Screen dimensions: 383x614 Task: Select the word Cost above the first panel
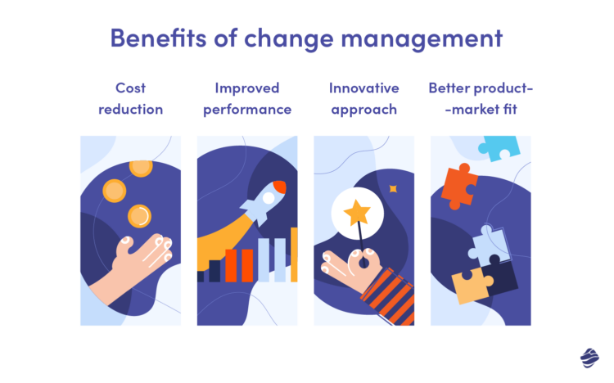click(131, 88)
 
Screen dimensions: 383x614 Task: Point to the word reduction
click(131, 109)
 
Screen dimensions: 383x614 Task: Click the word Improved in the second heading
click(247, 88)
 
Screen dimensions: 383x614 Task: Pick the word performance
click(247, 109)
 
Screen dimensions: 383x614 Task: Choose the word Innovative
click(363, 88)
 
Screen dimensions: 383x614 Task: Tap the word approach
click(363, 109)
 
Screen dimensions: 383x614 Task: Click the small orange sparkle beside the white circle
click(393, 189)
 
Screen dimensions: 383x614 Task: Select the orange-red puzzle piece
click(459, 186)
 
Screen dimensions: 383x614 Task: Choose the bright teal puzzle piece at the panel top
click(499, 148)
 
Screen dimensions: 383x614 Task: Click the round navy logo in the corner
click(589, 358)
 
